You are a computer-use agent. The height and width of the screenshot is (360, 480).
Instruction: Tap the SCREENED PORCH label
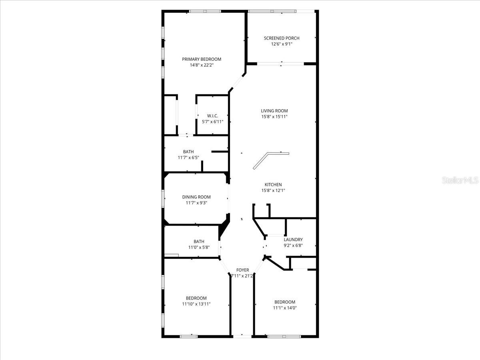point(282,38)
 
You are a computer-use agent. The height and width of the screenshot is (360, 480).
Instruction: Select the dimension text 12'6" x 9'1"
point(282,44)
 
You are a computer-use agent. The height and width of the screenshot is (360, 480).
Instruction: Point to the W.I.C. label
point(212,116)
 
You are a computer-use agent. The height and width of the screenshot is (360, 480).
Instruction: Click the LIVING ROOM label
point(274,111)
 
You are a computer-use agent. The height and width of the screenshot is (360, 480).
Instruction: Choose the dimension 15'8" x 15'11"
point(274,117)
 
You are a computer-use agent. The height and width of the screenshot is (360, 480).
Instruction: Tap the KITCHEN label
point(273,184)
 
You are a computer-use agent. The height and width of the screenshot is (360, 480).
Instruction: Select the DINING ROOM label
point(196,197)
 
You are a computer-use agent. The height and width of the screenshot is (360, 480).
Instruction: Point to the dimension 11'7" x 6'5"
point(188,158)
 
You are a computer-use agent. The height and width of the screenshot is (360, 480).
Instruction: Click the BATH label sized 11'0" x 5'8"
point(199,241)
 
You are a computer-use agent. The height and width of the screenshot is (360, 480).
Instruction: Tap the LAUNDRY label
point(293,240)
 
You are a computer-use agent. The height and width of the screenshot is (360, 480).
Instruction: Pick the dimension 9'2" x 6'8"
point(293,246)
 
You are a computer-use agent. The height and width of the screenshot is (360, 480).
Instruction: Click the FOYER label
point(242,270)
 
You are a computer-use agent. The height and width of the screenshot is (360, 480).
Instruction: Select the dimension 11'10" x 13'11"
point(196,304)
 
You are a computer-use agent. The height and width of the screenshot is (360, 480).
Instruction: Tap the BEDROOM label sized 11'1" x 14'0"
point(285,302)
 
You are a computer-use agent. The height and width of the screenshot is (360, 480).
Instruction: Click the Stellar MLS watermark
point(460,180)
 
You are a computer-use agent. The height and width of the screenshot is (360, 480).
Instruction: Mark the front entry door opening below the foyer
point(242,336)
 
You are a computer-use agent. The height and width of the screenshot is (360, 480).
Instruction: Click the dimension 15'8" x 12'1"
point(273,190)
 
